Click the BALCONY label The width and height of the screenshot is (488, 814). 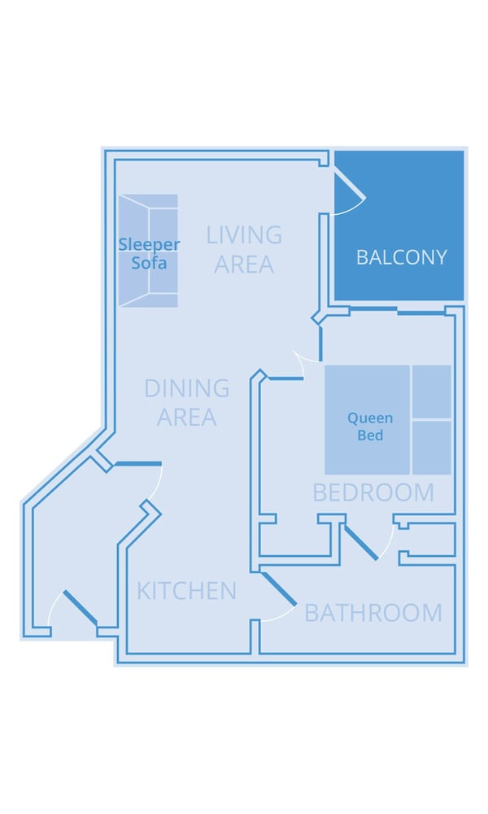[x=402, y=257]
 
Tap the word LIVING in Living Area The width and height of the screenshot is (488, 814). [x=244, y=234]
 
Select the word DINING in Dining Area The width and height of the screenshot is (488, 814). [x=187, y=388]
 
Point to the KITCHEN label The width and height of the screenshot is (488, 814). [x=187, y=591]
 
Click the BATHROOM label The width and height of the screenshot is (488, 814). [x=373, y=613]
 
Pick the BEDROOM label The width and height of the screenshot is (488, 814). [x=373, y=492]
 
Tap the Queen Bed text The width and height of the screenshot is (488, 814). [x=370, y=427]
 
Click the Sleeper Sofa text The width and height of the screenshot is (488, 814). [x=149, y=253]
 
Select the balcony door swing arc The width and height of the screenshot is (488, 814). [x=359, y=206]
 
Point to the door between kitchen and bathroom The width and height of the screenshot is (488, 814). [x=279, y=589]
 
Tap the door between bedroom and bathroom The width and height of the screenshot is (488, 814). [x=361, y=542]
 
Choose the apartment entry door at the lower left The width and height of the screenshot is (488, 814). [x=81, y=607]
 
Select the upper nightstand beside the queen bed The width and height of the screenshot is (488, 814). [x=432, y=392]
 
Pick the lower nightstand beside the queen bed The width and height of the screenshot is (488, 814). [x=432, y=448]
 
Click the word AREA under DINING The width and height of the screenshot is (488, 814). [x=187, y=418]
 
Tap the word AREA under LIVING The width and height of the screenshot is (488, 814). [x=244, y=265]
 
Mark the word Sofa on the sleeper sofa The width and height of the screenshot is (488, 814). [x=149, y=263]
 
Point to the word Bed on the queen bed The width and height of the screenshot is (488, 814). [x=370, y=435]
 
